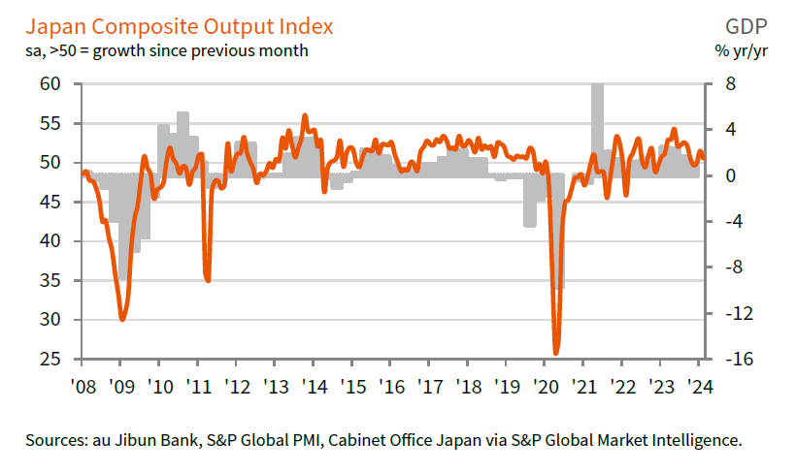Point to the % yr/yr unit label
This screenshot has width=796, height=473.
pyautogui.click(x=745, y=49)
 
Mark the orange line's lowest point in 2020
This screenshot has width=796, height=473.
pyautogui.click(x=557, y=353)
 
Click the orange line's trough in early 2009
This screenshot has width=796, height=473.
pyautogui.click(x=122, y=319)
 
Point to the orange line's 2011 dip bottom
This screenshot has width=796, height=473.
pyautogui.click(x=208, y=280)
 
